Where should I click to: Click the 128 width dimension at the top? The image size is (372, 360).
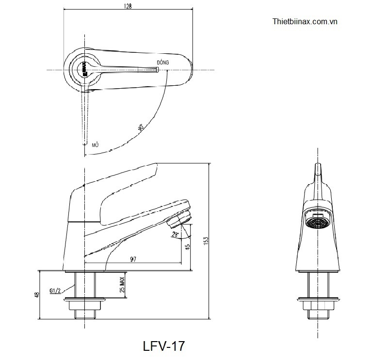pos(128,6)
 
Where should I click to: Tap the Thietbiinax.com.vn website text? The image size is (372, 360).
pos(305,22)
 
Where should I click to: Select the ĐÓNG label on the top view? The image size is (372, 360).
pos(162,63)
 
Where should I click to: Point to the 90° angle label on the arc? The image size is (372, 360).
pos(141,128)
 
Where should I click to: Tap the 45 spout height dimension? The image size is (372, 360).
pos(187,247)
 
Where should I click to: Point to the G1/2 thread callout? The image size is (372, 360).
pos(55,291)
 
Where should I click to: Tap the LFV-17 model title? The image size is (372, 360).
pos(163,346)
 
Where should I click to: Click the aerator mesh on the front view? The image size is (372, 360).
pos(318,223)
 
